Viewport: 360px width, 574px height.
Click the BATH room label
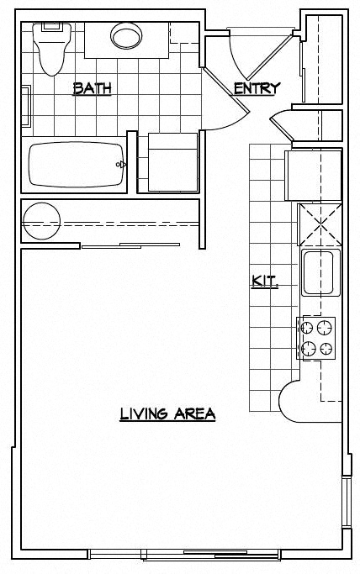pos(92,89)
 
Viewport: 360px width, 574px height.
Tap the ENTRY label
pos(257,88)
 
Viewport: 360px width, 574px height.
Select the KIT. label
pos(265,282)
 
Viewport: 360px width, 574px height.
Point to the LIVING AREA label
pos(167,414)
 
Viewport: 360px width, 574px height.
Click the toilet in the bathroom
pos(51,49)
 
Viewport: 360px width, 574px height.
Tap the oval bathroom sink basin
pos(126,36)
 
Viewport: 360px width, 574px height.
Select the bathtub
pos(77,165)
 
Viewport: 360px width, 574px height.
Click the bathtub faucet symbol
pos(121,165)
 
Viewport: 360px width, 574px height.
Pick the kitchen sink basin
pos(319,273)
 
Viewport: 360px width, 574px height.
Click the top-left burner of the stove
pos(307,328)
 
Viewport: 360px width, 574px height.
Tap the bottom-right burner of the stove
pos(326,349)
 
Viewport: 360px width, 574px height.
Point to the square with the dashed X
pos(320,224)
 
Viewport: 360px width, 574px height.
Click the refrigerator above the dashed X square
pos(313,176)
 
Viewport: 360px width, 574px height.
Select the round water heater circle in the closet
pos(41,221)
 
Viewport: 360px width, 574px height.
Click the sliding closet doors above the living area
pos(130,245)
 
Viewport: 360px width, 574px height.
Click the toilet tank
pos(51,28)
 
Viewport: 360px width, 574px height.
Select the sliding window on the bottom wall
pos(185,555)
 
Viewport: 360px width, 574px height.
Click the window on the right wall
pos(347,501)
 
